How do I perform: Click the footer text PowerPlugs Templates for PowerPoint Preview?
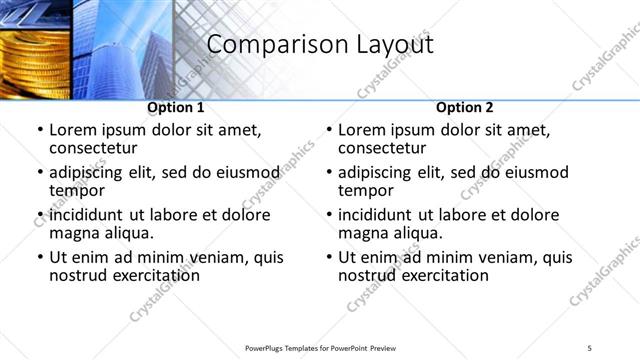(x=318, y=347)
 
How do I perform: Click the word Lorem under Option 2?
(x=362, y=130)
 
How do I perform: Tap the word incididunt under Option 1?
(x=91, y=215)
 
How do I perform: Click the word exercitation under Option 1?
(x=148, y=275)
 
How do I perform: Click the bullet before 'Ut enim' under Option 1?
(x=40, y=257)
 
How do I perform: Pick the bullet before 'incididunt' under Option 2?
(x=329, y=215)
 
